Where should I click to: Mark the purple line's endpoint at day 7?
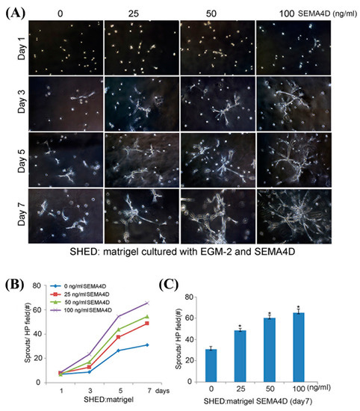click(x=149, y=303)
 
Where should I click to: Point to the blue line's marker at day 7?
click(x=149, y=344)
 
